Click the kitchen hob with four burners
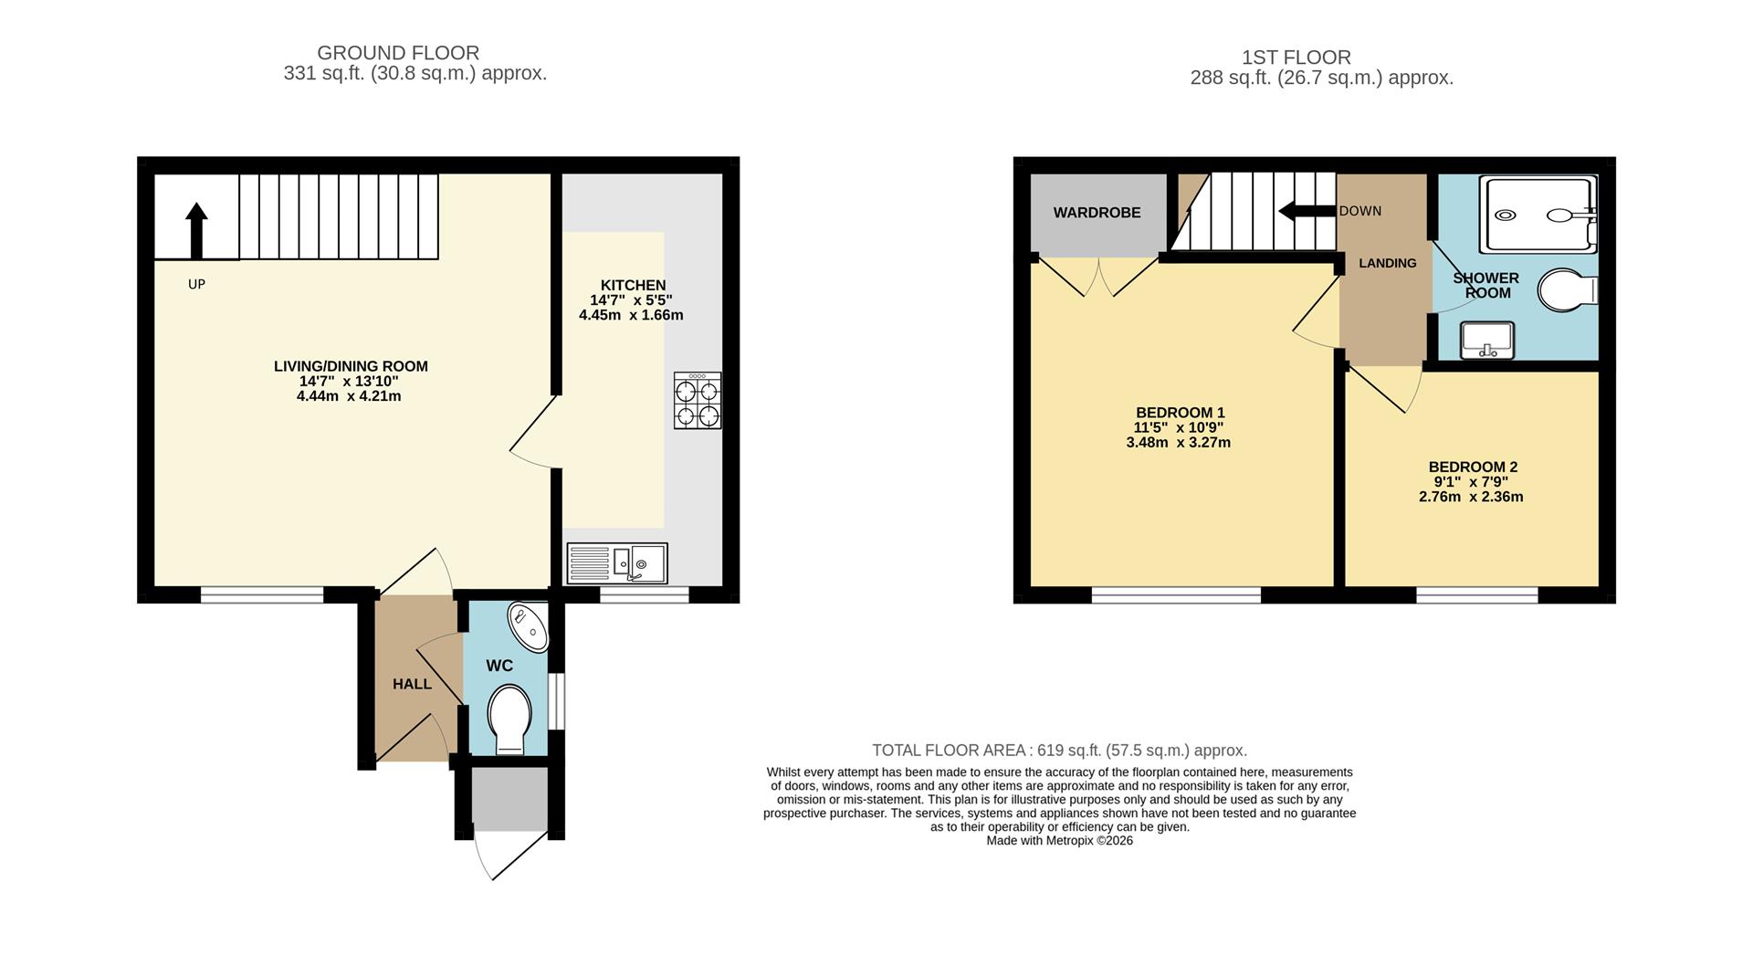[x=698, y=400]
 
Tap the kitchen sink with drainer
[x=617, y=563]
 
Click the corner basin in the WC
[x=529, y=626]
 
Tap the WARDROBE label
[x=1097, y=213]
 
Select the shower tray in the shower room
[x=1538, y=215]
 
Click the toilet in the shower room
[x=1566, y=290]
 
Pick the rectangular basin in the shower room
[x=1487, y=341]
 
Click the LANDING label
[x=1387, y=263]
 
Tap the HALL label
[x=412, y=684]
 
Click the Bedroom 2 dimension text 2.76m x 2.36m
[x=1471, y=498]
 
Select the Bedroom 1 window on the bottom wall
[x=1176, y=595]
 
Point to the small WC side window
[x=557, y=701]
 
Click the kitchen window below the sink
[x=644, y=595]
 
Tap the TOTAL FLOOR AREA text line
[x=1059, y=751]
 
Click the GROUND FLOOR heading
[x=398, y=53]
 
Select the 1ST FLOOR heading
[x=1296, y=58]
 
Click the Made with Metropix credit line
[x=1059, y=841]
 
